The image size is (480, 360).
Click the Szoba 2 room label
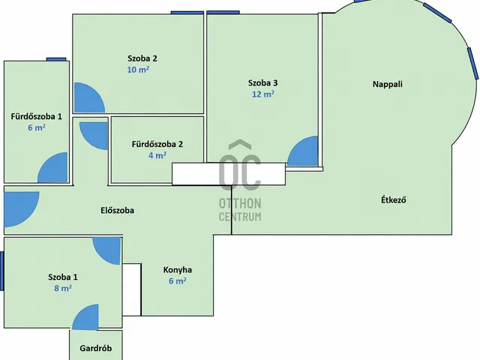tap(142, 58)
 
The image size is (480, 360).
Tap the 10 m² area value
tap(138, 70)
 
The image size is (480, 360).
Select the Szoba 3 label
tap(263, 83)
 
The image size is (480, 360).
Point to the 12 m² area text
tap(263, 94)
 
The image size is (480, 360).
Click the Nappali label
tap(388, 84)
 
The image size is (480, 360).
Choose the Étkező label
tap(394, 200)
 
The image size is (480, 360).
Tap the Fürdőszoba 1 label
tap(37, 116)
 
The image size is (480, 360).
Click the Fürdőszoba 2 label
tap(157, 144)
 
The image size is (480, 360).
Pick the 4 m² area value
tap(157, 155)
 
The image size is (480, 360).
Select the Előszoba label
tap(117, 210)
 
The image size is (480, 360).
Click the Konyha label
tap(178, 270)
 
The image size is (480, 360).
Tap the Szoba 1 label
tap(63, 277)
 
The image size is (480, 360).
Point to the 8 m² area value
tap(63, 288)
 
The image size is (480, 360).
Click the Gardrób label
tap(95, 348)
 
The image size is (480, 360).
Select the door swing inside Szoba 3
tap(302, 151)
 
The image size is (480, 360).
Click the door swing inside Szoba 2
tap(89, 97)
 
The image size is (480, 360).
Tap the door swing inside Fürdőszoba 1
tap(52, 167)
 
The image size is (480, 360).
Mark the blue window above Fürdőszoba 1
tap(56, 59)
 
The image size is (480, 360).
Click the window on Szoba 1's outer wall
tap(1, 271)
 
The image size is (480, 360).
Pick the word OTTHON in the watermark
tap(240, 203)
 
